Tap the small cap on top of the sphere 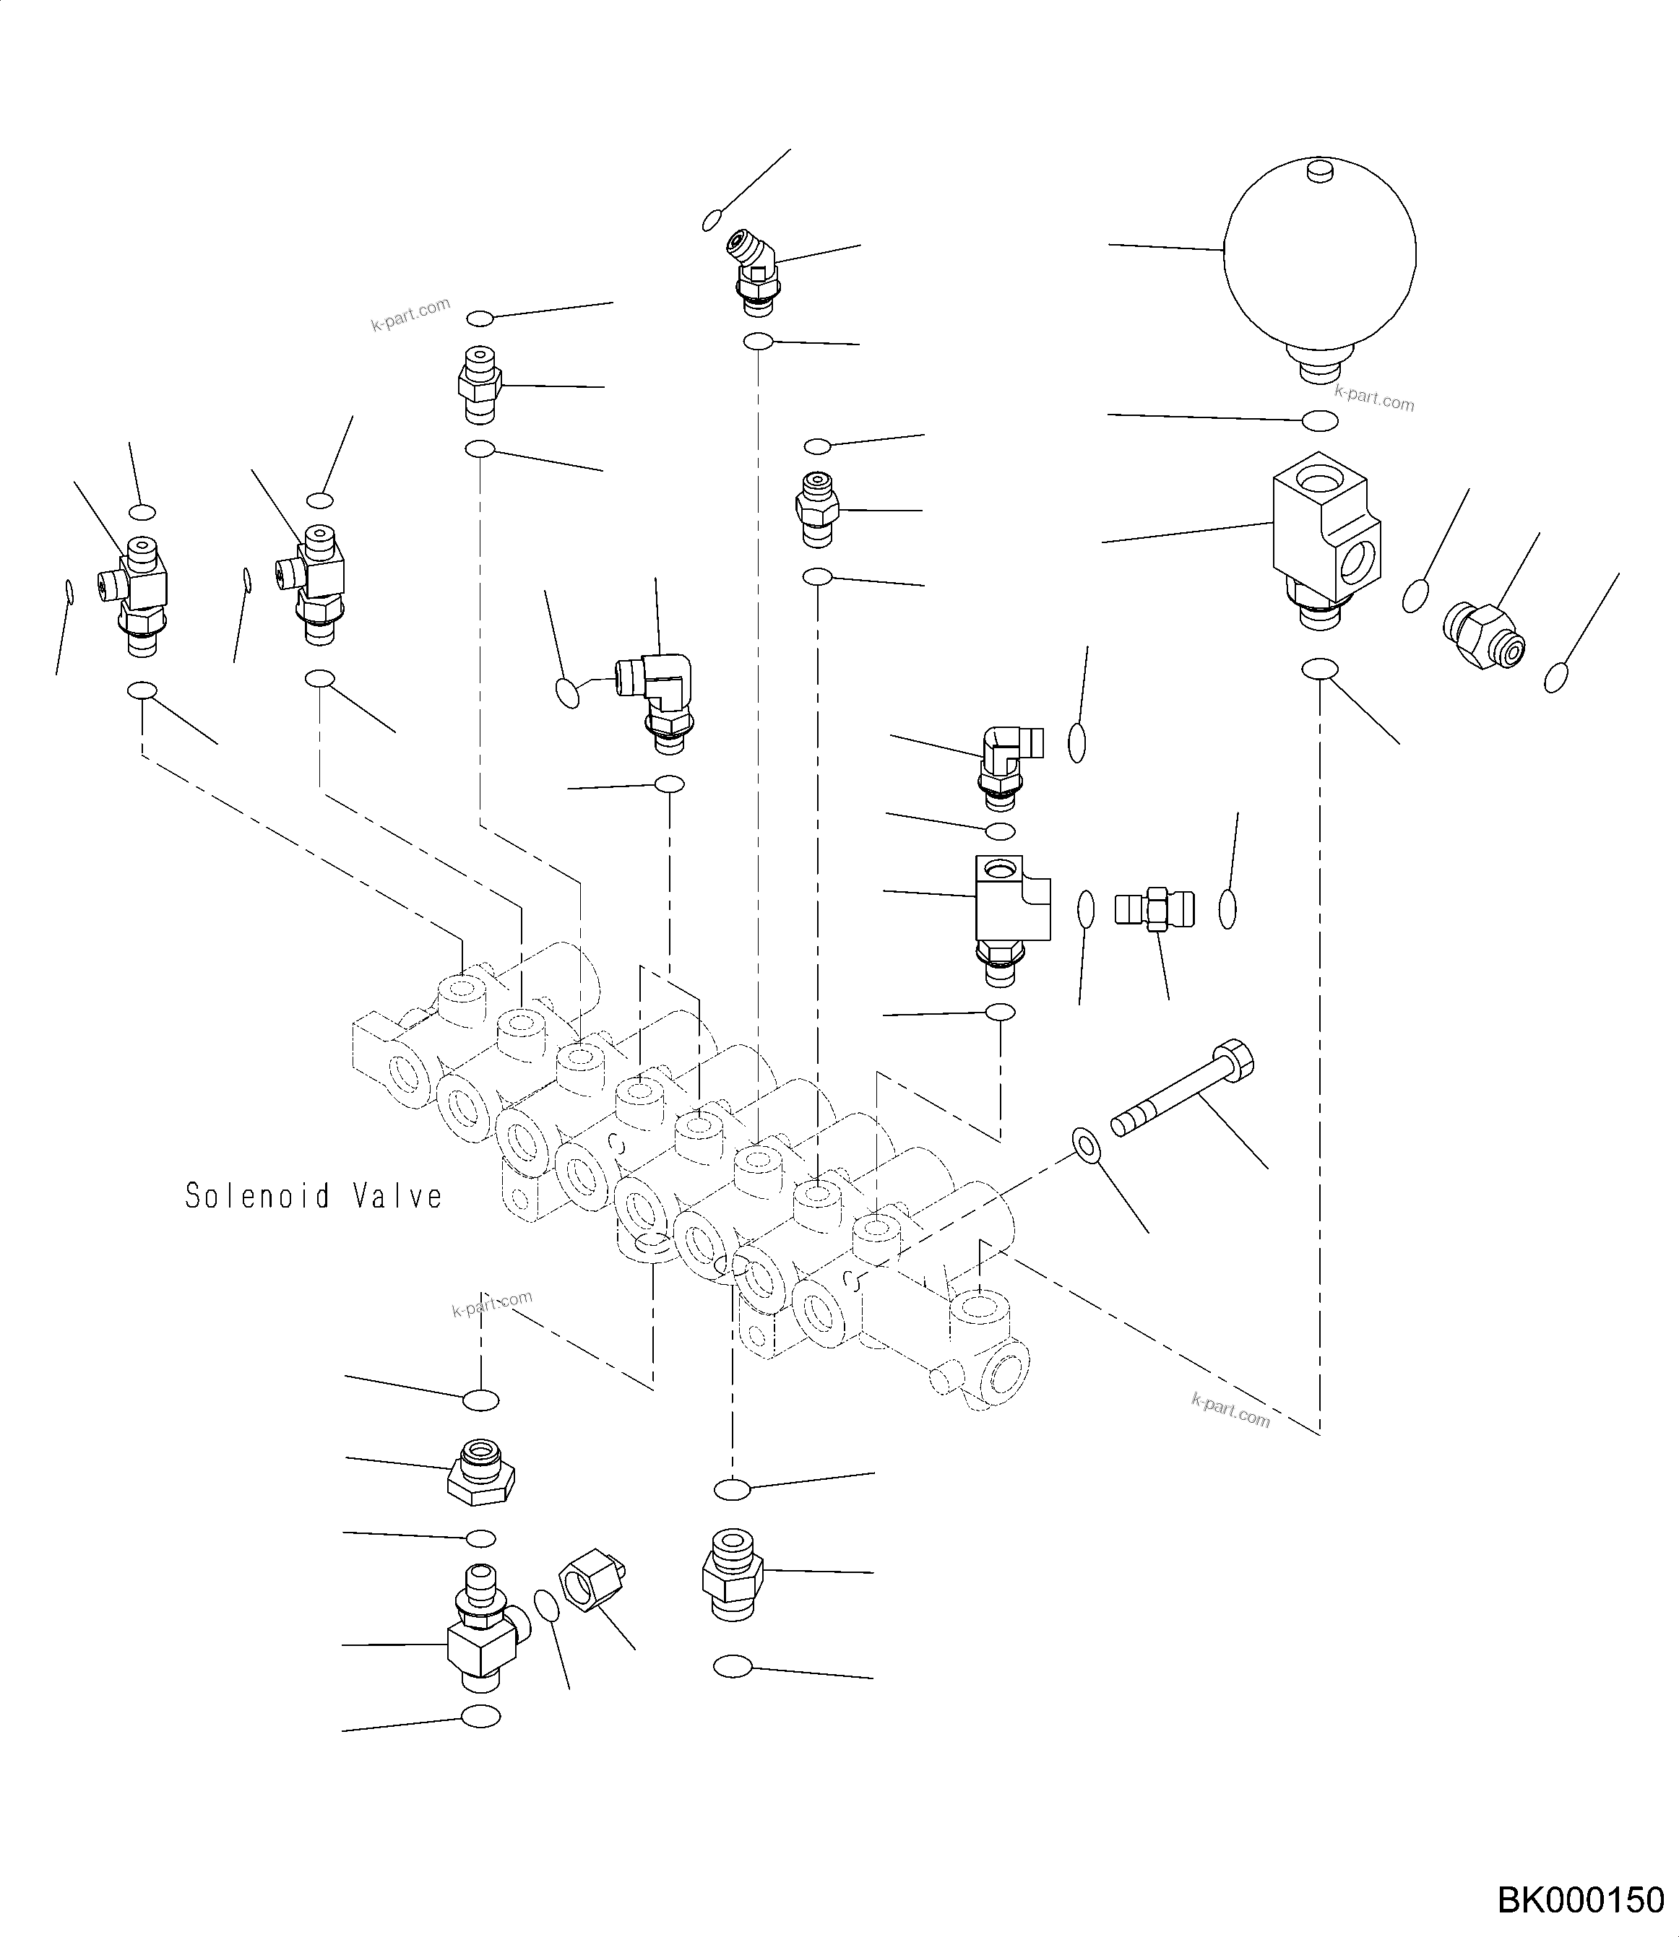1319,170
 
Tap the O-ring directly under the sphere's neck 1321,422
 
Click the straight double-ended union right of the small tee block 1155,908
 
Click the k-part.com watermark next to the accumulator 1373,398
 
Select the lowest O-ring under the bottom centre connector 733,1667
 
